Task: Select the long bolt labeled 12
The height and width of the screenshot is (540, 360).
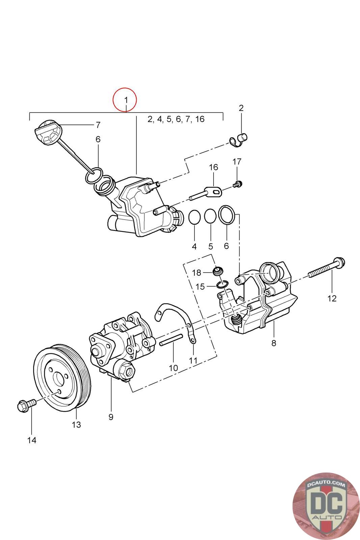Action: (x=327, y=268)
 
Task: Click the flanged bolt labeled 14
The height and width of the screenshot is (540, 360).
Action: (x=27, y=405)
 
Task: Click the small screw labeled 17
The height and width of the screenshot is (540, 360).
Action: (x=238, y=184)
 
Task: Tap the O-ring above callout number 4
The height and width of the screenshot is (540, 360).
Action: (x=194, y=217)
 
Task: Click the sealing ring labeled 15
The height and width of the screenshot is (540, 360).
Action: (x=222, y=284)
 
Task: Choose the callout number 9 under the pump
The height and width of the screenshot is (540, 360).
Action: (x=111, y=417)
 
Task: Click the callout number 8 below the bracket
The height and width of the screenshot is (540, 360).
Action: (x=274, y=343)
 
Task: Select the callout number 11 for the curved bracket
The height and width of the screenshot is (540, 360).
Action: (x=193, y=360)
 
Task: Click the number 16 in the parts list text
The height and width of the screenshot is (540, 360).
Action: (x=200, y=119)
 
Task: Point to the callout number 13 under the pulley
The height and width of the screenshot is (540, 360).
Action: (x=76, y=425)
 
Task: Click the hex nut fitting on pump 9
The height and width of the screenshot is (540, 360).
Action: (x=125, y=369)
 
